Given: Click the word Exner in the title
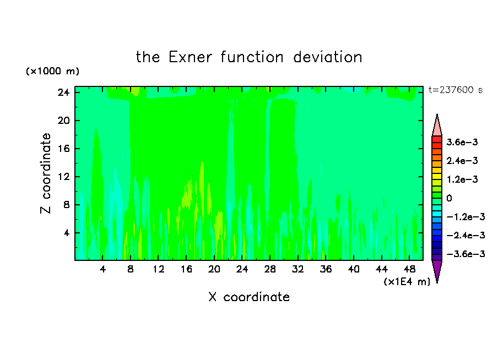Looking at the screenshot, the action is (190, 57).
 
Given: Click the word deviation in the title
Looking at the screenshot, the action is (327, 57).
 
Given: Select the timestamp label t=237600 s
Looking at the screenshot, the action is (456, 90).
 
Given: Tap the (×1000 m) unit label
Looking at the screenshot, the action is (53, 71).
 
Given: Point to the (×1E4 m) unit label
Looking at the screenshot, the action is (407, 282).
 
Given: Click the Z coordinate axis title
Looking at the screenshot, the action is (45, 173).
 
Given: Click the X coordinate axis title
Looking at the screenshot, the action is (249, 297).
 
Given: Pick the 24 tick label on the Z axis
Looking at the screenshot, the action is (63, 92).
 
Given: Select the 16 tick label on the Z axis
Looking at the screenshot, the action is (63, 149).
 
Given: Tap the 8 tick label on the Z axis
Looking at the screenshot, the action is (66, 205).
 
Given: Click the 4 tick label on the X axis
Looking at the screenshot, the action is (102, 270).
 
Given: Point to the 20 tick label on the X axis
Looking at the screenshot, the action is (214, 270).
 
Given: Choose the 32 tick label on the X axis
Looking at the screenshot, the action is (298, 270).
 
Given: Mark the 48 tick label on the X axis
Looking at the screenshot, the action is (409, 270).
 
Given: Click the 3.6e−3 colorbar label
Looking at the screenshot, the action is (462, 142).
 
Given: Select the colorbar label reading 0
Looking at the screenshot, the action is (449, 198).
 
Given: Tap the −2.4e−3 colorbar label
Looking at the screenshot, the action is (466, 236).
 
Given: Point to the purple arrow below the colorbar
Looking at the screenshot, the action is (437, 270).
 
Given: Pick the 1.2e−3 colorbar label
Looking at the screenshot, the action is (462, 179).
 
